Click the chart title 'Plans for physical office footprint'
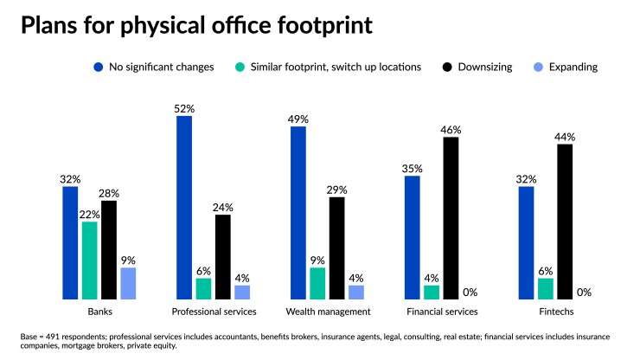pos(196,24)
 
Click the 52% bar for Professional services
pos(184,208)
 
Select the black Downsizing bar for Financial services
pos(450,218)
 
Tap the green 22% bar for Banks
pos(89,260)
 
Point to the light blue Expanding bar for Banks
pos(128,283)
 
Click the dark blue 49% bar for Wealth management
pos(298,213)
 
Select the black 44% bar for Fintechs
pos(565,222)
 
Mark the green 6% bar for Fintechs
pos(546,288)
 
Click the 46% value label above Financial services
pos(450,130)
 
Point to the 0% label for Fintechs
pos(584,292)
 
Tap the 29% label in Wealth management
pos(336,190)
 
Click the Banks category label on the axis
pos(99,312)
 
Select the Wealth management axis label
pos(328,312)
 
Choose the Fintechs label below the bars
pos(556,312)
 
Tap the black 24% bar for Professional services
pos(222,256)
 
